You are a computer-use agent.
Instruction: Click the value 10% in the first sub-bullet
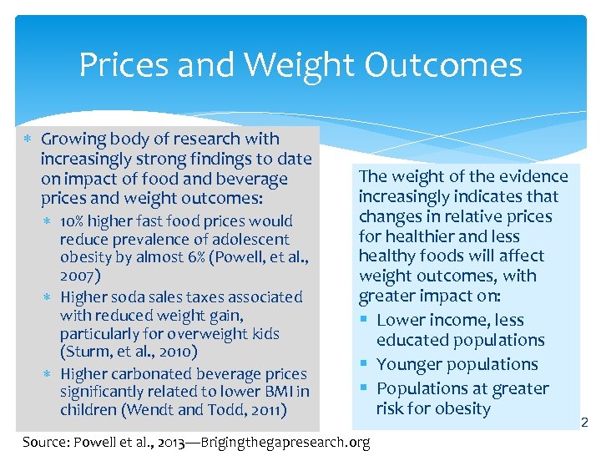72,221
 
